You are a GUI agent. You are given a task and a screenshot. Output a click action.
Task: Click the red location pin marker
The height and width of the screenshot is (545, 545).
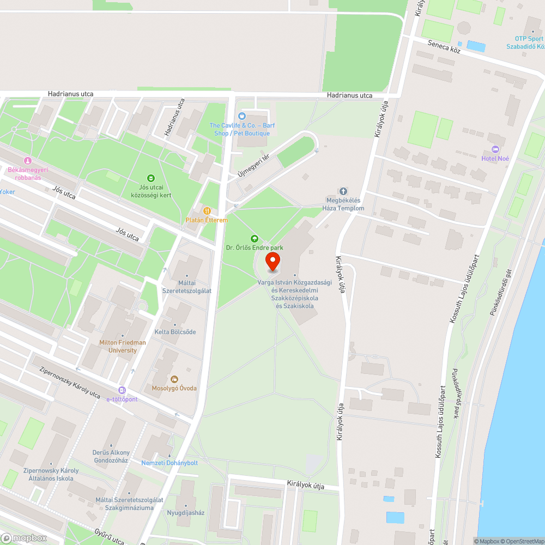pyautogui.click(x=272, y=263)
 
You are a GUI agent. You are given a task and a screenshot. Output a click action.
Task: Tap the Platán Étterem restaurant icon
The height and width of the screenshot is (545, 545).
pyautogui.click(x=207, y=210)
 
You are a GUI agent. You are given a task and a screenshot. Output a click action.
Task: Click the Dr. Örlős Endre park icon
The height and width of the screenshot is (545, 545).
pyautogui.click(x=254, y=239)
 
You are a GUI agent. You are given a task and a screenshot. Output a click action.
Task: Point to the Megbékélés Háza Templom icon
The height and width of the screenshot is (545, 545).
pyautogui.click(x=343, y=191)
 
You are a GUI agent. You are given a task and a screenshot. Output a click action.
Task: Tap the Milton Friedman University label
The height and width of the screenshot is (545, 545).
pyautogui.click(x=123, y=347)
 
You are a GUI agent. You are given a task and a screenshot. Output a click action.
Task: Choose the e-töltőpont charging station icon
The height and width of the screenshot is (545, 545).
pyautogui.click(x=122, y=390)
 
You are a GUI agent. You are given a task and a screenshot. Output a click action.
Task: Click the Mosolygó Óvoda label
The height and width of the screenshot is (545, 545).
pyautogui.click(x=174, y=388)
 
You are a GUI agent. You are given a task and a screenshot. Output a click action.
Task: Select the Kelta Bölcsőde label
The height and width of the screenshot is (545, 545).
pyautogui.click(x=175, y=332)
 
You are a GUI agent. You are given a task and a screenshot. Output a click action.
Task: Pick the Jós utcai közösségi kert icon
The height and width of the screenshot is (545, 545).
pyautogui.click(x=151, y=178)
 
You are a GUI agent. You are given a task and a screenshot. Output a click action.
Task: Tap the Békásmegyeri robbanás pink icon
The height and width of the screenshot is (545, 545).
pyautogui.click(x=28, y=161)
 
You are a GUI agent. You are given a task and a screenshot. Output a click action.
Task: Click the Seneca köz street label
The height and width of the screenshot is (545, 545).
pyautogui.click(x=444, y=46)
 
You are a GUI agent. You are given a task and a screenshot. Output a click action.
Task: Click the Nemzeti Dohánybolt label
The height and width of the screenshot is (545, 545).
pyautogui.click(x=169, y=463)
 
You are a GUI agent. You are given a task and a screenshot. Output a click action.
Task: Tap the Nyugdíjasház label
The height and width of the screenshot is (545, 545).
pyautogui.click(x=186, y=513)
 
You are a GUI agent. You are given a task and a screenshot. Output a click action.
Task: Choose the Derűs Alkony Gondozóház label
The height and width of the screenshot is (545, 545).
pyautogui.click(x=111, y=456)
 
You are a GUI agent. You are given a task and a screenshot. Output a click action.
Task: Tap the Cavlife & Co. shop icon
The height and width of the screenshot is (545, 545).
pyautogui.click(x=243, y=116)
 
